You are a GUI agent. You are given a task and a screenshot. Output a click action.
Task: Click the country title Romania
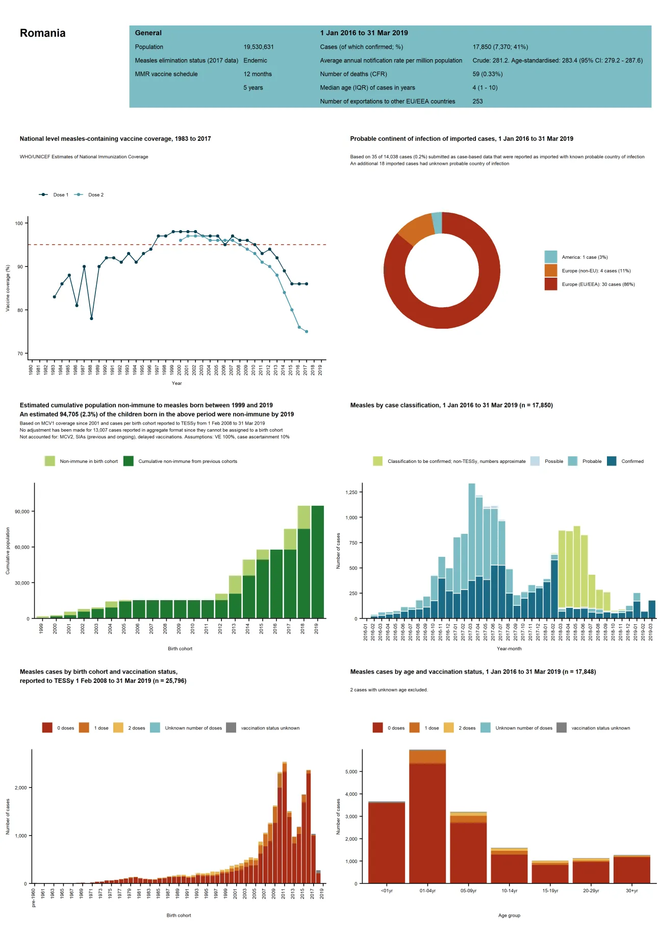pos(42,33)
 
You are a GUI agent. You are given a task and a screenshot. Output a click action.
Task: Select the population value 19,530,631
pos(258,47)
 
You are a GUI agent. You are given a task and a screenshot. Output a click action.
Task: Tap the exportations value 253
pos(477,102)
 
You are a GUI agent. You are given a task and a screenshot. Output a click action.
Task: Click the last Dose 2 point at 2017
pos(307,332)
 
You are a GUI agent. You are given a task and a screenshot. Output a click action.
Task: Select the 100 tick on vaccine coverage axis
pos(19,224)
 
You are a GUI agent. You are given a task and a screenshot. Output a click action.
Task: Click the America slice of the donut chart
pos(437,223)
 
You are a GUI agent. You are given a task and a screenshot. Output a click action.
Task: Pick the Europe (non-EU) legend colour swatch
pos(550,271)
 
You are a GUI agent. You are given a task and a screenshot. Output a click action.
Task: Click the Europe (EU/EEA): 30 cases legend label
pos(598,284)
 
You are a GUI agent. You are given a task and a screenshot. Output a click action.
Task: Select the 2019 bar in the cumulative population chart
pos(317,561)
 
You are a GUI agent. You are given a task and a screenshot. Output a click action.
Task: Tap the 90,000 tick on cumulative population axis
pos(22,511)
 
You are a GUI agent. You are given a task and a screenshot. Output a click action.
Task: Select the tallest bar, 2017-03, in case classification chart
pos(471,551)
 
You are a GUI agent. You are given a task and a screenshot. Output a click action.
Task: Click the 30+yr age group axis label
pos(631,891)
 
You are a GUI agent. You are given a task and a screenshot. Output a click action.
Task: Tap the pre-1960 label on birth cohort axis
pos(34,898)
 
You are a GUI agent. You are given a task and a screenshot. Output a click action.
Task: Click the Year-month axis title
pos(509,649)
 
